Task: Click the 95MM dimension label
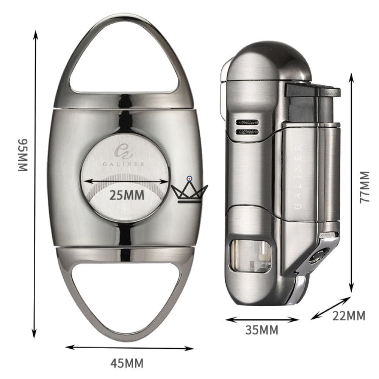[x=23, y=155]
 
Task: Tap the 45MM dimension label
[x=127, y=363]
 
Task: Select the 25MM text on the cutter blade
[x=127, y=195]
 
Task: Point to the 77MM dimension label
[x=365, y=187]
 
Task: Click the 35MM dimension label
[x=262, y=330]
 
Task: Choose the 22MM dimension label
[x=349, y=316]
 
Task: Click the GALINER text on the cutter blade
[x=124, y=164]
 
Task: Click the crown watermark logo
[x=189, y=190]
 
